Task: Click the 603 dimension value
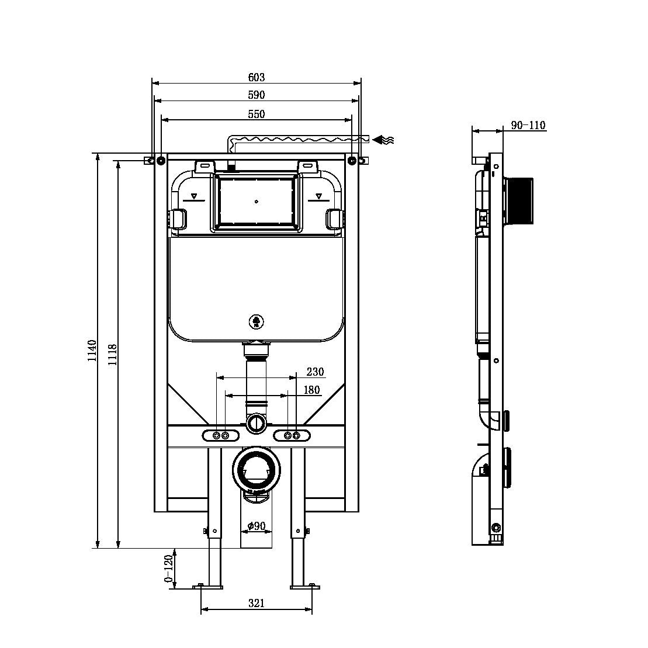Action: click(x=256, y=77)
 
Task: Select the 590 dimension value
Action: click(x=256, y=95)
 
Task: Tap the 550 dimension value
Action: click(x=256, y=114)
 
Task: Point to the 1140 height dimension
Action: click(x=92, y=351)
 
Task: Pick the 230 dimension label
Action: click(x=315, y=372)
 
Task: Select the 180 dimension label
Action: click(x=311, y=390)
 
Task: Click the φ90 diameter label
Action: click(x=256, y=526)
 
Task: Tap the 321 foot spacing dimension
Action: click(x=256, y=602)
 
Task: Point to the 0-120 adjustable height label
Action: click(x=169, y=569)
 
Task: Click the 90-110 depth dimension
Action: click(x=528, y=125)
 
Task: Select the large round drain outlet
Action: click(x=256, y=469)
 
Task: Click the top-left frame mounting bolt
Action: click(x=160, y=160)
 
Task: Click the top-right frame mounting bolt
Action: click(x=351, y=160)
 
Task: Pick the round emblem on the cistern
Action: click(x=256, y=321)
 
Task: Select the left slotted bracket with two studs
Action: click(x=221, y=435)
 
